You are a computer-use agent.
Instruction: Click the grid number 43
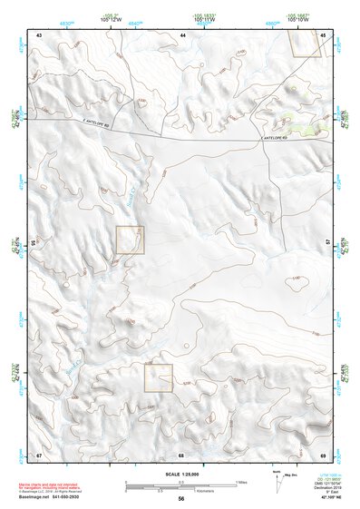pyautogui.click(x=39, y=34)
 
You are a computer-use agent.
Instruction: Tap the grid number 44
pyautogui.click(x=182, y=34)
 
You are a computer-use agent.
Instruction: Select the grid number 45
pyautogui.click(x=324, y=34)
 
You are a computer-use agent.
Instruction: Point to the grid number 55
pyautogui.click(x=34, y=244)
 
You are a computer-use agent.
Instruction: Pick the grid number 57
pyautogui.click(x=327, y=244)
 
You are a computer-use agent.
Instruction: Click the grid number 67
pyautogui.click(x=39, y=453)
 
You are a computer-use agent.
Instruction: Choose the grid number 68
pyautogui.click(x=181, y=453)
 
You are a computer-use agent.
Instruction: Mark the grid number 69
pyautogui.click(x=324, y=453)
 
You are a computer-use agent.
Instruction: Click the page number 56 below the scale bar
pyautogui.click(x=181, y=499)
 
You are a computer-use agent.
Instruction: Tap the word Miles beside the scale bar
pyautogui.click(x=239, y=482)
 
